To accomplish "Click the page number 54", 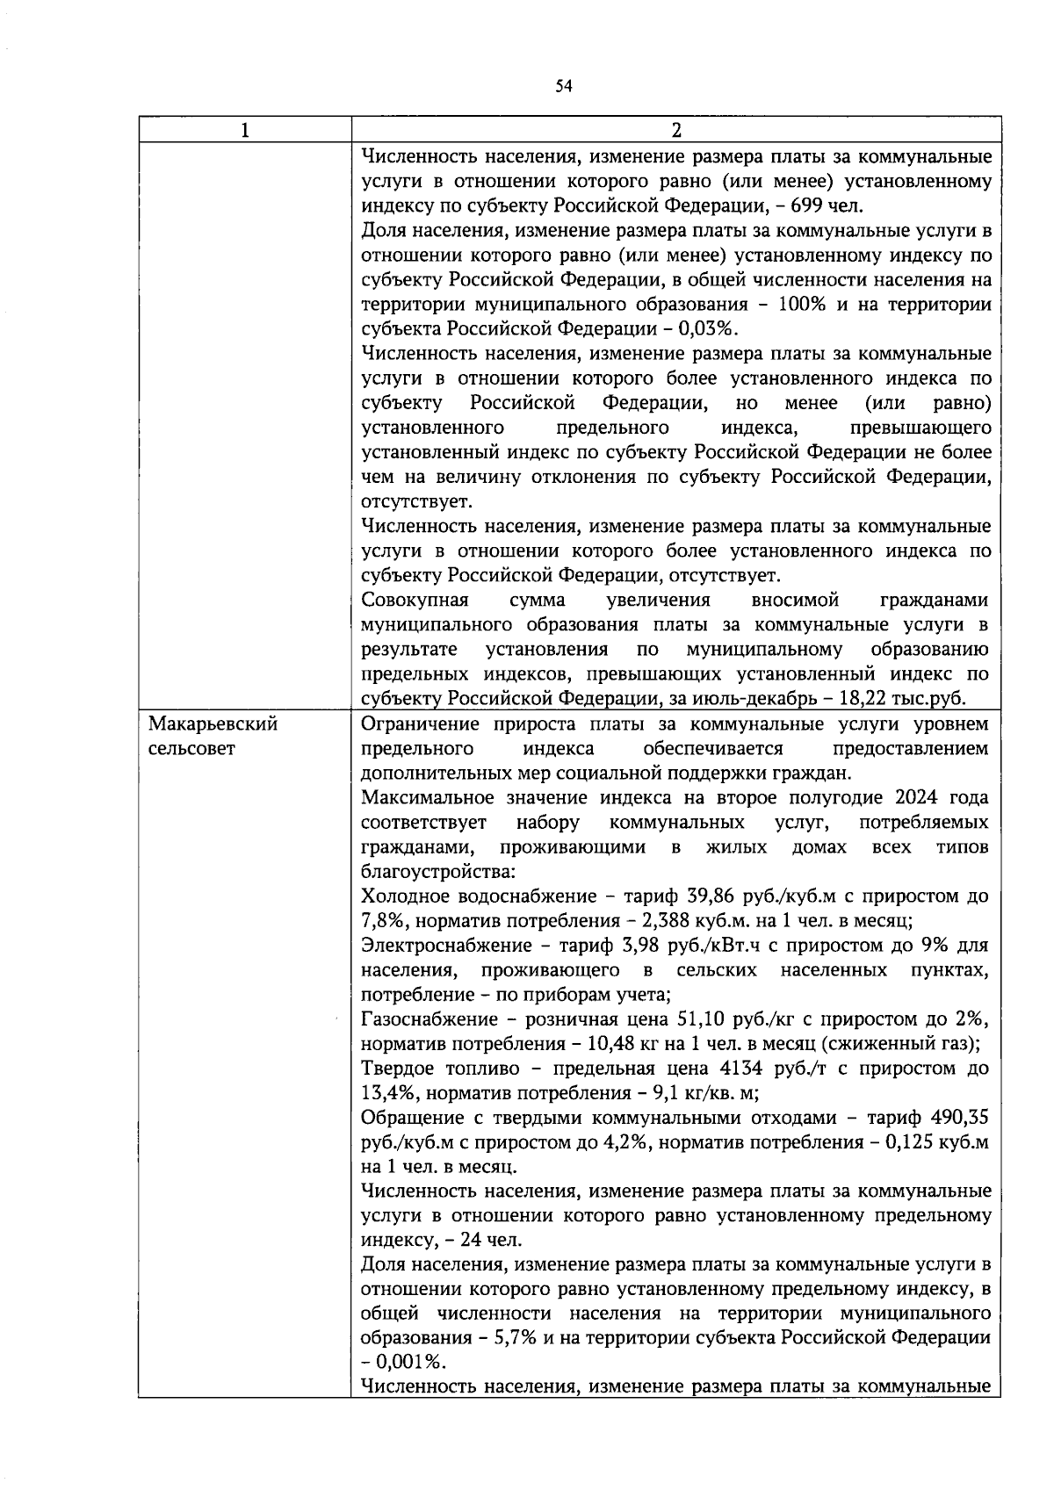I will (x=563, y=85).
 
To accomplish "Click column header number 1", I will (x=244, y=130).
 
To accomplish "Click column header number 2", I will (x=675, y=130).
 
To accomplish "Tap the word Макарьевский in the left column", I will (x=213, y=724).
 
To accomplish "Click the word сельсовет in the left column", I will (x=191, y=749).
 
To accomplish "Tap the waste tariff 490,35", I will (x=960, y=1118).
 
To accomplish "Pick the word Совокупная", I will (x=415, y=601).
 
